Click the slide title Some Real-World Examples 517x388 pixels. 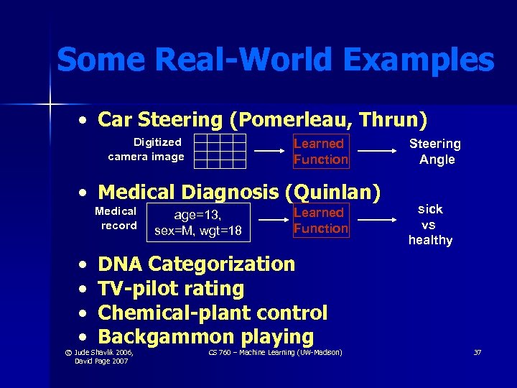pos(275,60)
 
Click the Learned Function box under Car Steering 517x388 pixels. pos(320,151)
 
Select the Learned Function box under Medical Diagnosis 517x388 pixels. pos(320,221)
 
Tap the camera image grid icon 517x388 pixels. pos(220,151)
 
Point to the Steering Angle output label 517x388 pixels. pos(435,152)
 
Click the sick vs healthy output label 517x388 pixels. pos(430,224)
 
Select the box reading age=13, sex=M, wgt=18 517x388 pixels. pos(198,223)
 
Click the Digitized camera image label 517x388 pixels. pos(146,149)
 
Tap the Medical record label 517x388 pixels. pos(116,218)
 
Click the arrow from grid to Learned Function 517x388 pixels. pos(269,152)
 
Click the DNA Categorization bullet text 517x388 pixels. pos(196,264)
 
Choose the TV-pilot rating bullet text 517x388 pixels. pos(171,289)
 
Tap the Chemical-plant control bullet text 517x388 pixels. pos(213,313)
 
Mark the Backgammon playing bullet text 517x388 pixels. pos(205,336)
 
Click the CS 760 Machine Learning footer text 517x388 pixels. pos(275,352)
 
